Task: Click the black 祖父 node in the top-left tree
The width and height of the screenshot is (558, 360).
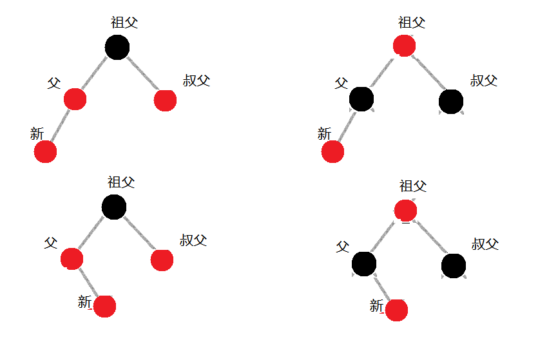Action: click(117, 48)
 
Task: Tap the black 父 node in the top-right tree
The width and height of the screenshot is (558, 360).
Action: click(361, 99)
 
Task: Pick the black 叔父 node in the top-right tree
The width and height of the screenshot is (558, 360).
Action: click(450, 101)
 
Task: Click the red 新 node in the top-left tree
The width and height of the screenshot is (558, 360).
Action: click(45, 152)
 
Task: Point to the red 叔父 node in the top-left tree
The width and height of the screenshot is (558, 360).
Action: click(166, 100)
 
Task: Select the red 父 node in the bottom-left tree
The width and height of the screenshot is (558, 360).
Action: click(72, 259)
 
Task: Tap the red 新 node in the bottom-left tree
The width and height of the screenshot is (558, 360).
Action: click(104, 307)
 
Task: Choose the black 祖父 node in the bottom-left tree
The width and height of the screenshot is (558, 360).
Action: click(114, 207)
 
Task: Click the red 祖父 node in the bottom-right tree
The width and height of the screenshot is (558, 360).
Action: click(405, 211)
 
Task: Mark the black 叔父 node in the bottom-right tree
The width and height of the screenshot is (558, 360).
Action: click(454, 265)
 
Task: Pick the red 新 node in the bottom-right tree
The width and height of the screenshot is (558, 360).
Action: click(396, 310)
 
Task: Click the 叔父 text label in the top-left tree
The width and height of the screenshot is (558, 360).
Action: click(197, 81)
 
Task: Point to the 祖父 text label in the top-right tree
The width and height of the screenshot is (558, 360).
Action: click(412, 23)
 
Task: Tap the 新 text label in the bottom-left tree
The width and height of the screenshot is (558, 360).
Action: click(85, 301)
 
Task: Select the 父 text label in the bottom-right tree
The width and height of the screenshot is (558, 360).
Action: click(342, 247)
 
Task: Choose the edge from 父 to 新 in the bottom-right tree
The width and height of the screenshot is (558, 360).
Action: click(380, 287)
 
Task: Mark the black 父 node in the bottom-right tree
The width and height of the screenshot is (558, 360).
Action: click(364, 263)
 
